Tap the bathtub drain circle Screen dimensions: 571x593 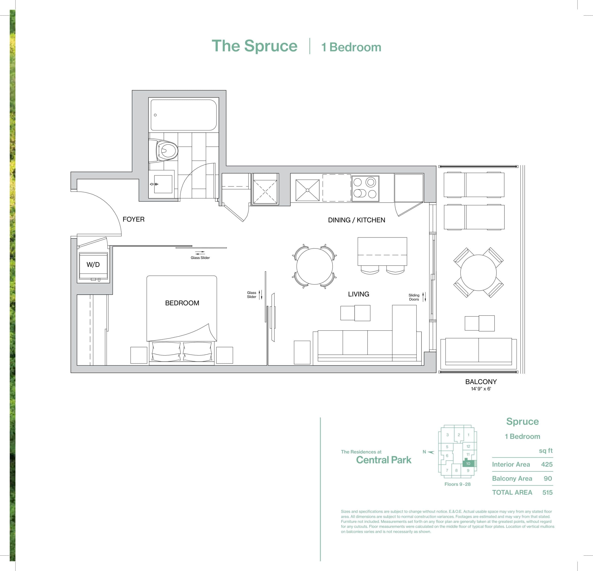pos(155,115)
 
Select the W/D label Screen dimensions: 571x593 pos(93,265)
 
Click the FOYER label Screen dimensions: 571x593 pos(133,219)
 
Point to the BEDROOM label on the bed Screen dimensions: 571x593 pos(182,303)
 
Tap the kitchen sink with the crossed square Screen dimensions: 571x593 pos(307,190)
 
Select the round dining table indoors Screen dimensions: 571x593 pos(314,266)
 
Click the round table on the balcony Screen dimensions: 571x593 pos(478,272)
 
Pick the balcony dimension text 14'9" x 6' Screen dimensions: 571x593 pos(481,389)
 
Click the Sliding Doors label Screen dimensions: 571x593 pos(414,297)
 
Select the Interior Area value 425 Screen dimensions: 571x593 pos(547,464)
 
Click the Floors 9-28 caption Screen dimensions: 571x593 pos(457,484)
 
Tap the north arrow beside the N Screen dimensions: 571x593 pos(431,452)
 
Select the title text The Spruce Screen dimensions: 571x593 pos(254,46)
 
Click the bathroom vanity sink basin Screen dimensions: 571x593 pos(163,184)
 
